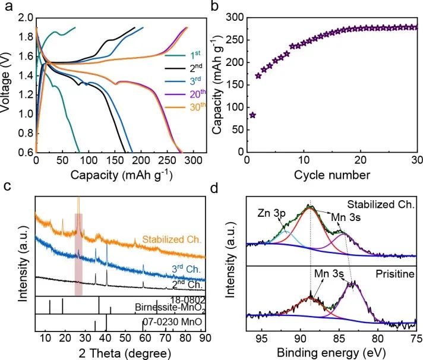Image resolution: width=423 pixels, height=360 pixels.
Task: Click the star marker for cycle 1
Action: tap(252, 115)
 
